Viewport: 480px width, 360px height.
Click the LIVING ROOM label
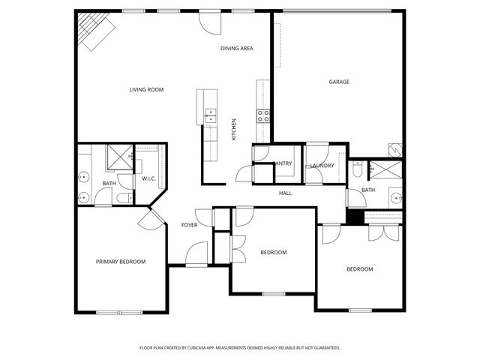pyautogui.click(x=146, y=90)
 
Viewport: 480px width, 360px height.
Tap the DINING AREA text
pyautogui.click(x=236, y=49)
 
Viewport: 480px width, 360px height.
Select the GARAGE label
pyautogui.click(x=339, y=82)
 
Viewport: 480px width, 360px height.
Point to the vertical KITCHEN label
pyautogui.click(x=234, y=130)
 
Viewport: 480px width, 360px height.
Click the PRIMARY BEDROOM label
pyautogui.click(x=121, y=262)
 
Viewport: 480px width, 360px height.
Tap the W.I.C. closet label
pyautogui.click(x=148, y=178)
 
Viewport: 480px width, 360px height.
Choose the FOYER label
pyautogui.click(x=190, y=225)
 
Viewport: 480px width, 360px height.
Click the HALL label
pyautogui.click(x=285, y=193)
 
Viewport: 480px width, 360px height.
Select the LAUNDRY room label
pyautogui.click(x=321, y=166)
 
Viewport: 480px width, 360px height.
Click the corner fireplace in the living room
pyautogui.click(x=94, y=31)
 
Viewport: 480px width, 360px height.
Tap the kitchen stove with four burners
pyautogui.click(x=264, y=115)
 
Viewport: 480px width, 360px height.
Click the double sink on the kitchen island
pyautogui.click(x=210, y=115)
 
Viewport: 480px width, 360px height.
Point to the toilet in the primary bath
pyautogui.click(x=124, y=198)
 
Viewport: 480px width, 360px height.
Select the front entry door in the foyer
pyautogui.click(x=196, y=253)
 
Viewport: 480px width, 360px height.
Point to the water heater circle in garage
pyautogui.click(x=396, y=149)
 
